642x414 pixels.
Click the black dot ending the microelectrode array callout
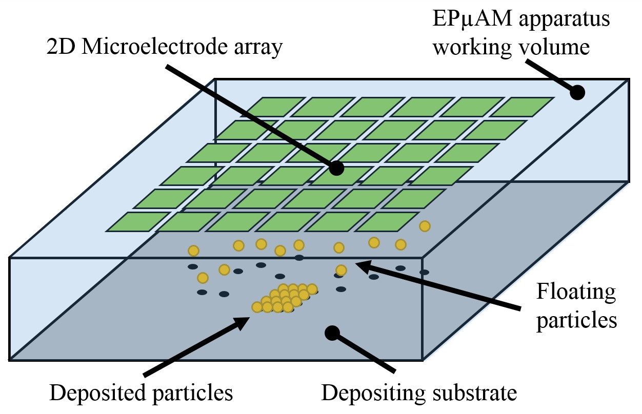pyautogui.click(x=336, y=168)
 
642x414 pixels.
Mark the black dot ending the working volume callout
pyautogui.click(x=578, y=92)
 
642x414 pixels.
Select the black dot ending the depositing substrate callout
pyautogui.click(x=332, y=333)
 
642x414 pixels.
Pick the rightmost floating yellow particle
pyautogui.click(x=425, y=226)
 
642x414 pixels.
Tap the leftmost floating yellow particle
pyautogui.click(x=193, y=251)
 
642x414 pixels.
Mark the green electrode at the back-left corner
pyautogui.click(x=270, y=107)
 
